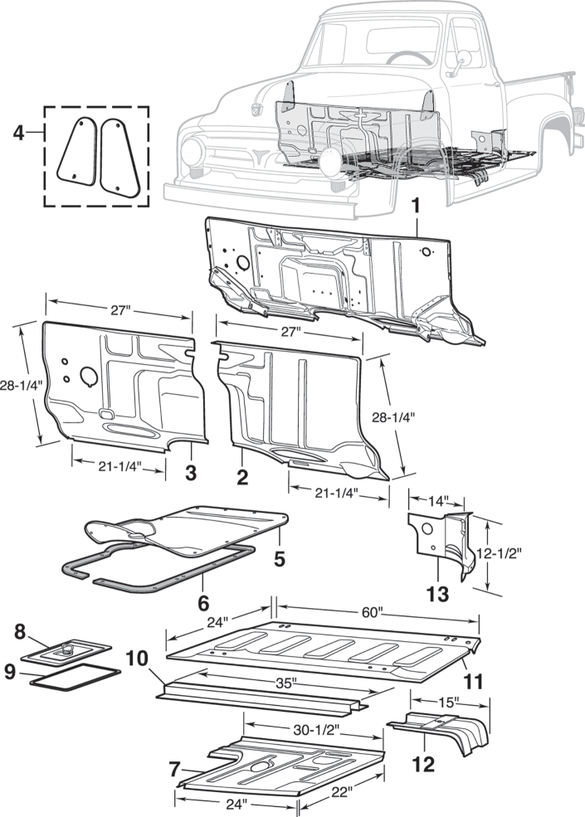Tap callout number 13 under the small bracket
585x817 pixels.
[x=438, y=594]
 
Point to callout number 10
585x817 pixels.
[x=138, y=661]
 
